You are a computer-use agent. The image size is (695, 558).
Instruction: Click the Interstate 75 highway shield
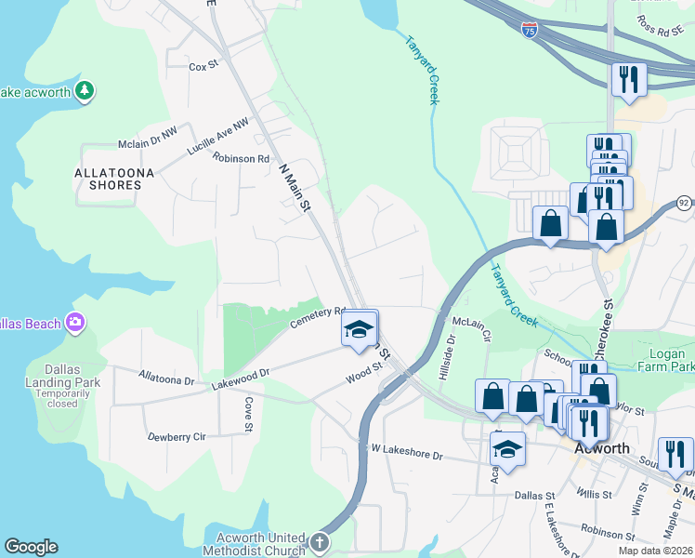530,30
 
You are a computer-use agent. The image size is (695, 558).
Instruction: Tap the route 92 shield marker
684,202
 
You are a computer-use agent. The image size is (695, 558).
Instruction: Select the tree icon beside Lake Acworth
85,90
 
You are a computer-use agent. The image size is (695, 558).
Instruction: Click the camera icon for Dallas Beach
75,323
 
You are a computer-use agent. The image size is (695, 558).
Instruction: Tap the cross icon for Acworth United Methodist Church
319,542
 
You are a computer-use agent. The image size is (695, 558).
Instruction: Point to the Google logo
31,547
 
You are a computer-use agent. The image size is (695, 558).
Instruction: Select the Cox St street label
203,67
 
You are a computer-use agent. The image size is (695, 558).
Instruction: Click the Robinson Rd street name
241,158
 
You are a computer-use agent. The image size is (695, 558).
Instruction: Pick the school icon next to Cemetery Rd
359,329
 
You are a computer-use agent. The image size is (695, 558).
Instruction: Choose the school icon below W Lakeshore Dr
507,450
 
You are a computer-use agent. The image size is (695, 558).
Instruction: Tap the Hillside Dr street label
450,357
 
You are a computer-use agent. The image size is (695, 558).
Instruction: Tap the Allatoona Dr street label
166,380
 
